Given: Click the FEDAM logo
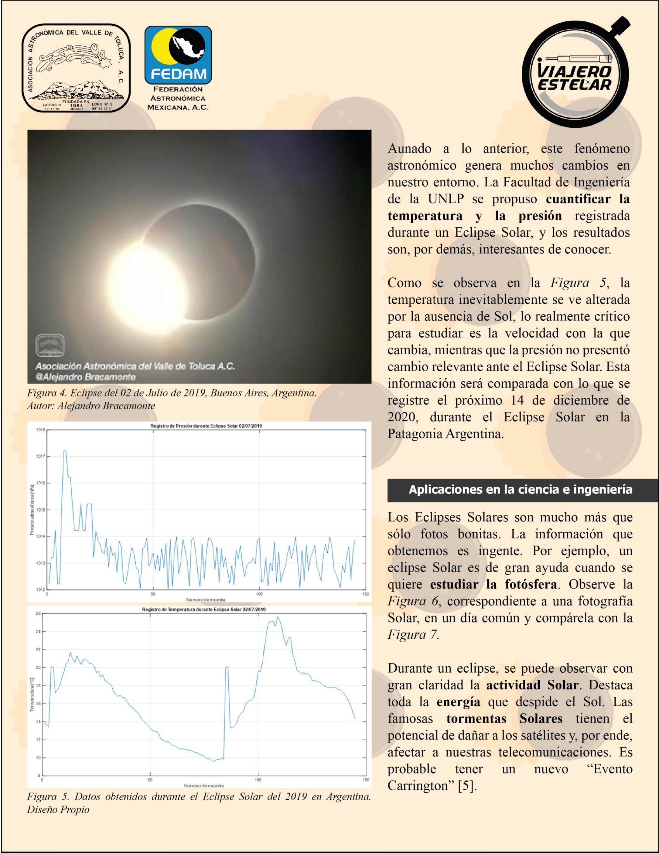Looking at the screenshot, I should click(x=178, y=56).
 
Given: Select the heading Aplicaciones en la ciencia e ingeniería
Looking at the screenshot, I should click(x=520, y=489).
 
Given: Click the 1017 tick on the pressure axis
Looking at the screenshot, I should click(x=41, y=456).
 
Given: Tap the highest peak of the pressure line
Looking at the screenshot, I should click(x=65, y=451).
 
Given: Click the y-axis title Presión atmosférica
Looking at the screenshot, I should click(x=32, y=510).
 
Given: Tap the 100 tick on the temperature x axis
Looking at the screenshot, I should click(x=258, y=779).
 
